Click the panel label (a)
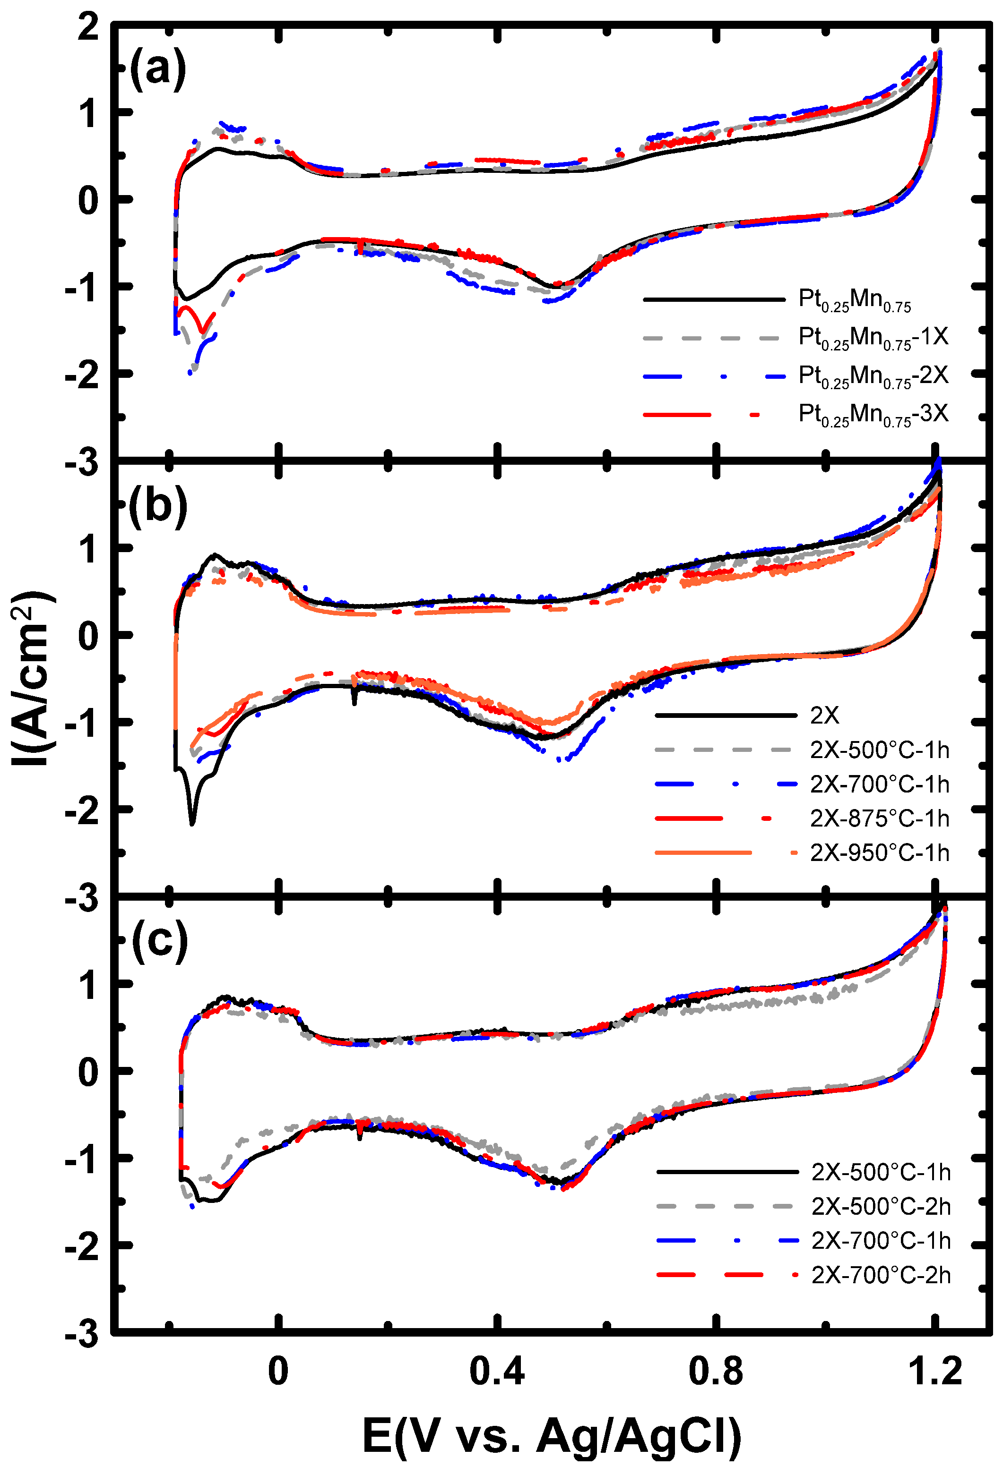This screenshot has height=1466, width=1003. pos(157,68)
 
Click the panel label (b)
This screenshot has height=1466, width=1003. pos(158,506)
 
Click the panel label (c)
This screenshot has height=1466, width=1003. pos(160,940)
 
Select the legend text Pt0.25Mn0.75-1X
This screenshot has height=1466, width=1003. pos(873,338)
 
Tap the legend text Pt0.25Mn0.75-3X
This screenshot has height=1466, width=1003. pos(873,415)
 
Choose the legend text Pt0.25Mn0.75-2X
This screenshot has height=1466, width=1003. pos(873,376)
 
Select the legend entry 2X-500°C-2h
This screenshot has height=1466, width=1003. pos(881,1206)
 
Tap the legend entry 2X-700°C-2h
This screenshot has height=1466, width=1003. pos(881,1275)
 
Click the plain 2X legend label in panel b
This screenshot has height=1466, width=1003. pos(824,716)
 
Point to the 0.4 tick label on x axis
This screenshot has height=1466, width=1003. pos(497,1372)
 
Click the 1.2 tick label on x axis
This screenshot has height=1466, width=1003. pos(935,1372)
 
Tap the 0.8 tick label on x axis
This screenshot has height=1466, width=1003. pos(716,1372)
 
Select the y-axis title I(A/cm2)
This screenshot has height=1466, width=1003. pos(33,678)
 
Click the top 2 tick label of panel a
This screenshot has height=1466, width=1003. pos(88,28)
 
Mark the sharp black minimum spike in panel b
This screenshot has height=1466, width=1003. pos(192,822)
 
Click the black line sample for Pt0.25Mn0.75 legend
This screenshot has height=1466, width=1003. pos(713,299)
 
